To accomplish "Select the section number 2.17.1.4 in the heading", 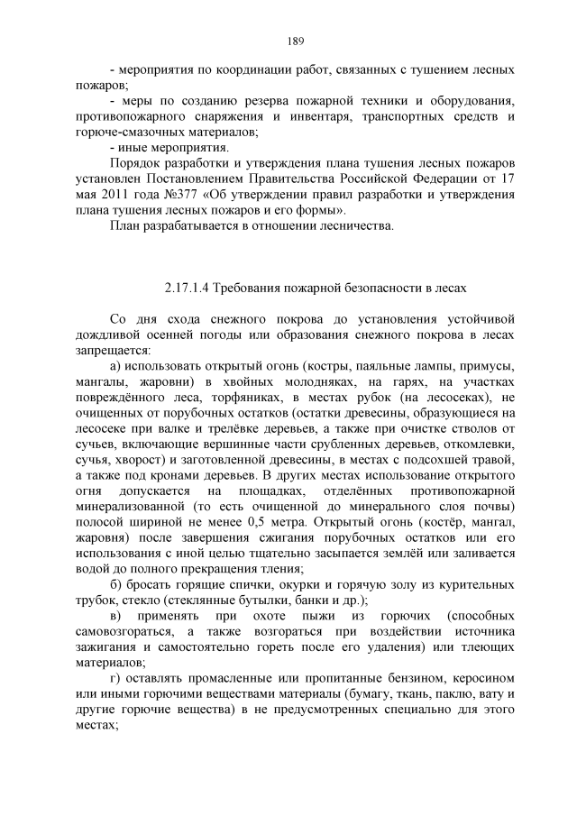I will click(187, 287).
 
